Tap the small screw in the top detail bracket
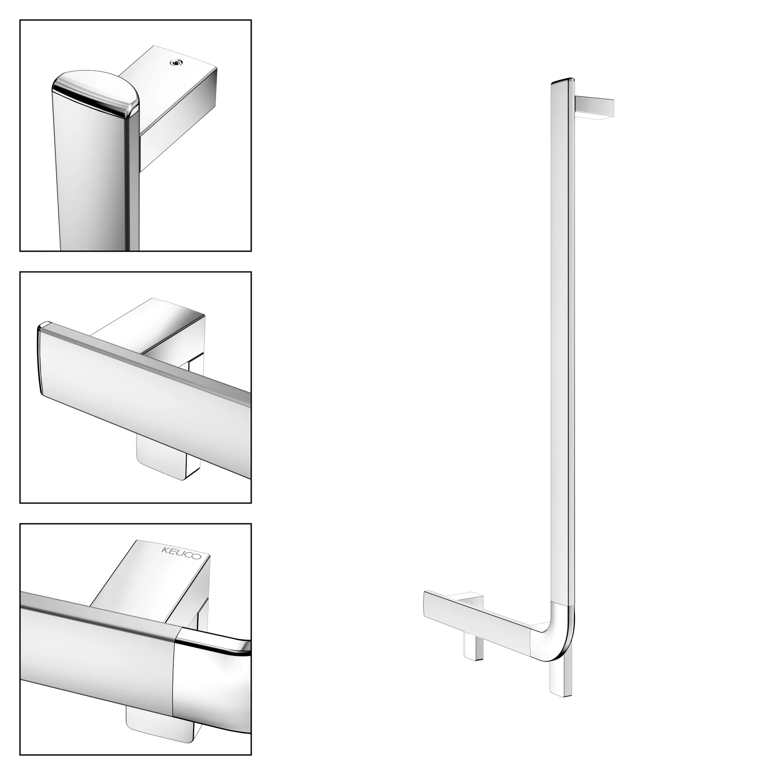click(x=174, y=62)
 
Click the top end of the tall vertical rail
click(x=563, y=81)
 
